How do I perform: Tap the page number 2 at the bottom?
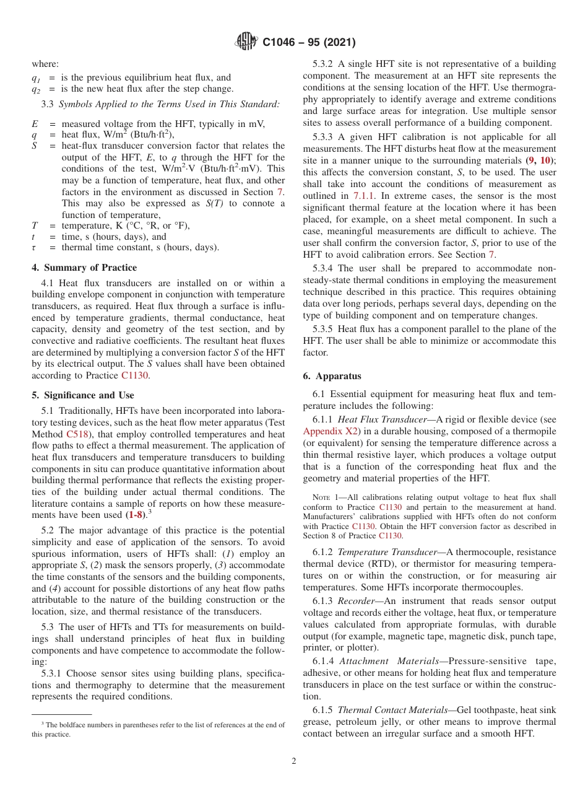pyautogui.click(x=294, y=761)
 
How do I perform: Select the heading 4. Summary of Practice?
pyautogui.click(x=84, y=268)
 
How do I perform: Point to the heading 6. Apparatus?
pyautogui.click(x=332, y=376)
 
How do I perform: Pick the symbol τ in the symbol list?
pyautogui.click(x=35, y=248)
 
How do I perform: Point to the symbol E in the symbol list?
pyautogui.click(x=35, y=124)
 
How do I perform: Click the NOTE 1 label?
pyautogui.click(x=324, y=497)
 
